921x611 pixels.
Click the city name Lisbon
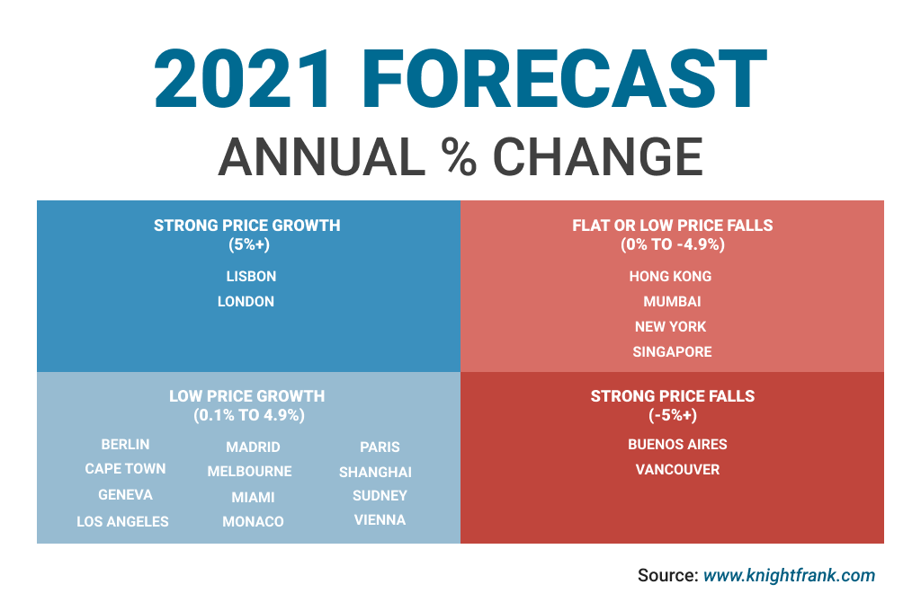[x=251, y=277]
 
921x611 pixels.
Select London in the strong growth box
[x=246, y=302]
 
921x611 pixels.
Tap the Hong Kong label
[x=670, y=277]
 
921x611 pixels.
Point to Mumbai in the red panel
[x=672, y=302]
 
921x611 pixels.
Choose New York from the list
[x=671, y=327]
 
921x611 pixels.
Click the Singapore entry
[x=672, y=352]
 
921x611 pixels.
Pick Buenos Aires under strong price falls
[x=677, y=445]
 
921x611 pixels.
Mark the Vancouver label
[x=677, y=470]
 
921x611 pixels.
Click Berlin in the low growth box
[x=126, y=445]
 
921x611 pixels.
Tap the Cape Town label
[x=125, y=469]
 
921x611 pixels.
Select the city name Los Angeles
[x=122, y=521]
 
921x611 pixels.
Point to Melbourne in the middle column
[x=249, y=472]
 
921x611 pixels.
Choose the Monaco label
[x=253, y=522]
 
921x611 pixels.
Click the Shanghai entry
[x=375, y=473]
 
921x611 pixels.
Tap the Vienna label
[x=380, y=520]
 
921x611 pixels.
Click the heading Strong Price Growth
[x=247, y=226]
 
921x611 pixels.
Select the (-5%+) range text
[x=673, y=415]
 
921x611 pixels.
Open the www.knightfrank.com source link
[x=789, y=576]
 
